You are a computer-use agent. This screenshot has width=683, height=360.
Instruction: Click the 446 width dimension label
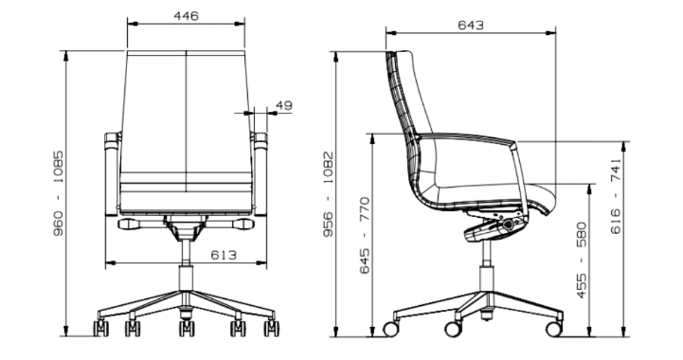(x=186, y=16)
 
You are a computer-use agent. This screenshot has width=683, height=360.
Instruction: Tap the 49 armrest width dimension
(x=284, y=105)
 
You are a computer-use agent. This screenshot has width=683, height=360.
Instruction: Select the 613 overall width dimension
(x=224, y=255)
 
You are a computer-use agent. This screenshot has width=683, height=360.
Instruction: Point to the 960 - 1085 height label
(x=58, y=193)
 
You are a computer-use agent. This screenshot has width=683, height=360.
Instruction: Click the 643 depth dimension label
(x=471, y=26)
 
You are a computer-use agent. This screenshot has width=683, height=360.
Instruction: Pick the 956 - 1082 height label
(x=328, y=194)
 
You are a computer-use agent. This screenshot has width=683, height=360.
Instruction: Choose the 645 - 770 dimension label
(x=364, y=235)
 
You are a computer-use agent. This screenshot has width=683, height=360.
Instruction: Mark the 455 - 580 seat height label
(x=582, y=261)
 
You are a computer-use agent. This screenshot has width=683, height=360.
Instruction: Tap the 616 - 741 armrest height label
(x=616, y=196)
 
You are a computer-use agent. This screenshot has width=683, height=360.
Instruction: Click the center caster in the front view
(x=187, y=328)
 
